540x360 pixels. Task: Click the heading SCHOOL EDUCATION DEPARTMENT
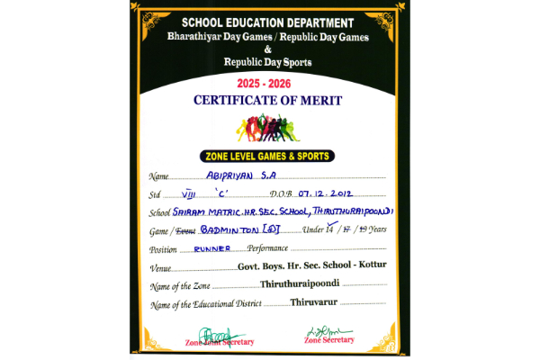click(x=269, y=22)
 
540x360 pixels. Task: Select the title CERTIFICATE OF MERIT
click(x=270, y=101)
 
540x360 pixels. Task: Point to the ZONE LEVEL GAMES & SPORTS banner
click(x=269, y=156)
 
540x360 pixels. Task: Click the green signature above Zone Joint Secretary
click(x=209, y=331)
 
